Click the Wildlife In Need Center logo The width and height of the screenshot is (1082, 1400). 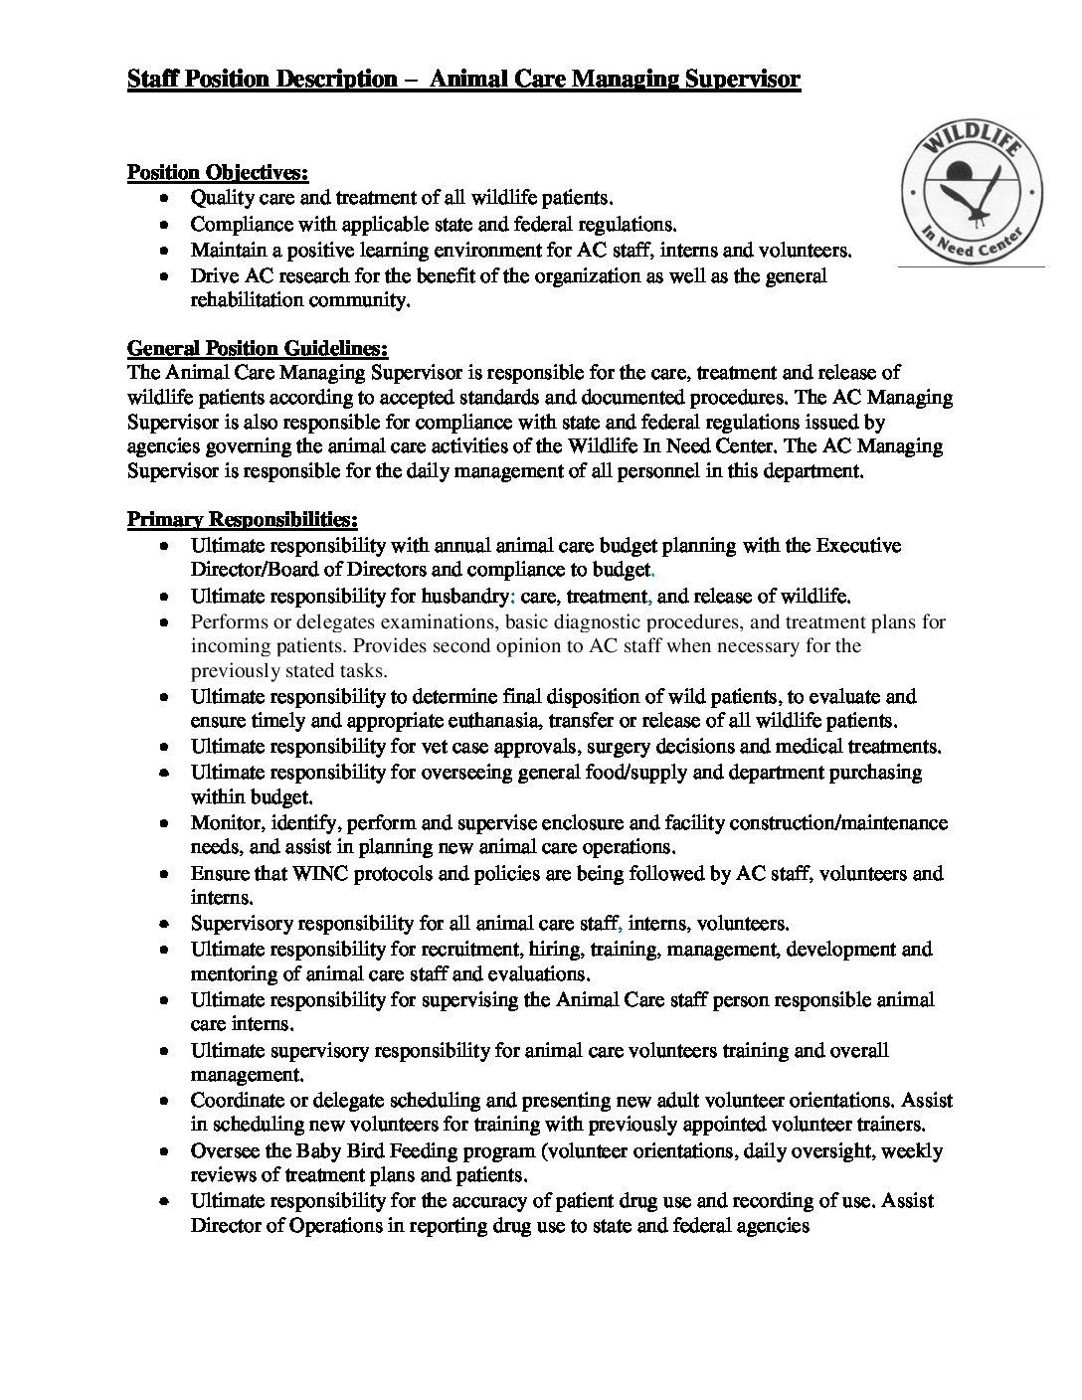coord(972,197)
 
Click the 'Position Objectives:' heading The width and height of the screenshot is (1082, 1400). coord(218,173)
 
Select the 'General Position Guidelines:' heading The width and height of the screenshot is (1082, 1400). coord(258,348)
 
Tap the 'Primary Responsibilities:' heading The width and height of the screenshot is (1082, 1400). coord(243,519)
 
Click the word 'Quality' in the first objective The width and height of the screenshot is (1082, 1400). coord(221,199)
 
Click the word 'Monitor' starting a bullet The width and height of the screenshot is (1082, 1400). coord(225,823)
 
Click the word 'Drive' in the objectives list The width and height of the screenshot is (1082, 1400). coord(213,275)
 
